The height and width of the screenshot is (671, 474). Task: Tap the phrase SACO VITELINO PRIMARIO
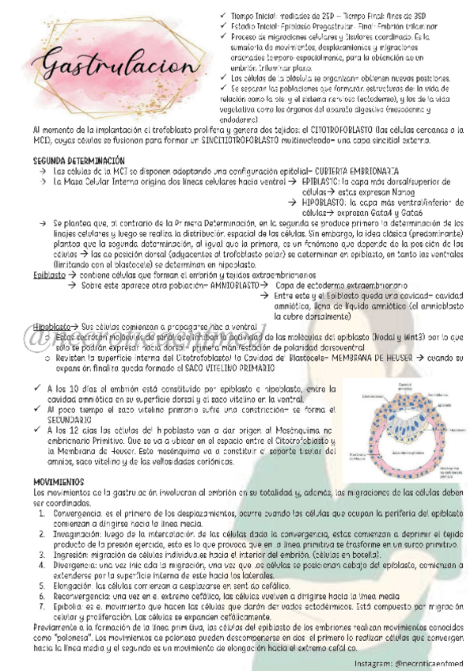tap(229, 369)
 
